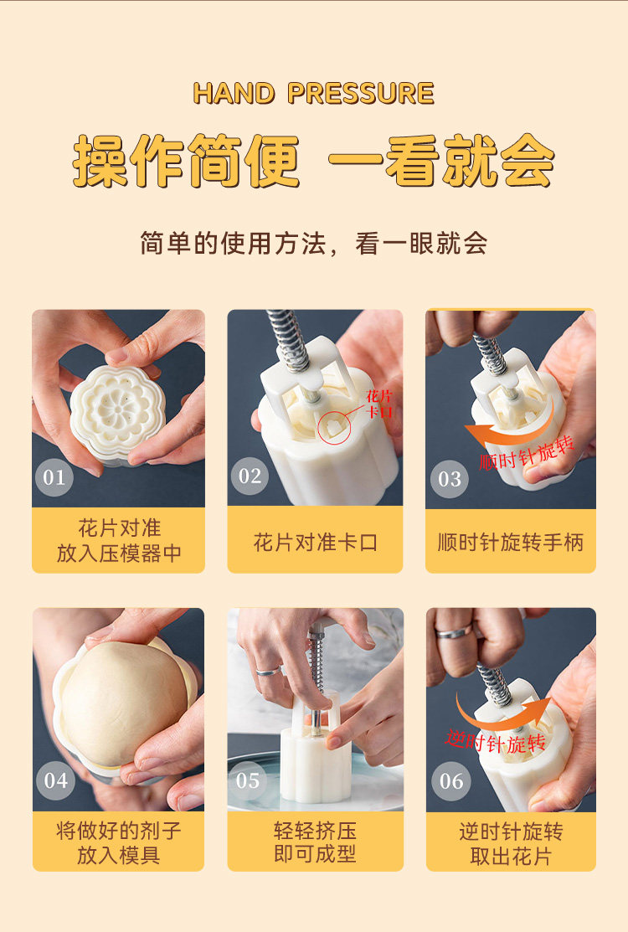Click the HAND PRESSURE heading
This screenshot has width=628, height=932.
coord(314,93)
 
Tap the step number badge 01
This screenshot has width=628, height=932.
coord(54,476)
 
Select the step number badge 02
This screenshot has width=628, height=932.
coord(250,476)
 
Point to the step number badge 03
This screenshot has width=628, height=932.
coord(449,478)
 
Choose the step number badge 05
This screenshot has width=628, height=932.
coord(248,780)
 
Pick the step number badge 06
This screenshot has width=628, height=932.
coord(451,781)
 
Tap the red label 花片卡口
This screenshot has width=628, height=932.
coord(379,404)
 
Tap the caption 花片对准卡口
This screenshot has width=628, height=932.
coord(316,542)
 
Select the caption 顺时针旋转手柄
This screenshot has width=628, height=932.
coord(511,542)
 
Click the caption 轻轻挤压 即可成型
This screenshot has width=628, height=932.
coord(315,842)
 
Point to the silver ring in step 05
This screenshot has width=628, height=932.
coord(269,671)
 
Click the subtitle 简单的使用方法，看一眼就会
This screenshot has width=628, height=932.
coord(314,243)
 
